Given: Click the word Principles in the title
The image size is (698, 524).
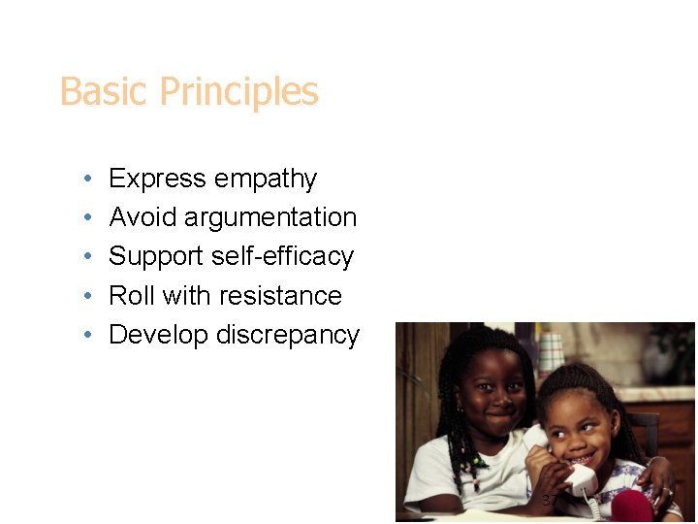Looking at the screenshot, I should click(238, 93).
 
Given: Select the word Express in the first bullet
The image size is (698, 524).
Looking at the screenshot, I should click(157, 180).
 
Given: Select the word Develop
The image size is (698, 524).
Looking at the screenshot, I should click(159, 335).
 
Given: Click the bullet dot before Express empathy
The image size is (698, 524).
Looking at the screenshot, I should click(87, 180).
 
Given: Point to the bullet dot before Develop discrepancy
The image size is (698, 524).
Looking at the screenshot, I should click(87, 335).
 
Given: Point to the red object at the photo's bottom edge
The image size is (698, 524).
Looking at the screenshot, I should click(630, 507).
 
